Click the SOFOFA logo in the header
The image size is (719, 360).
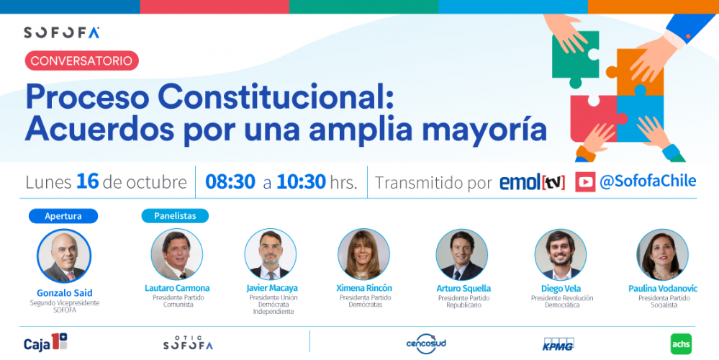[62, 32]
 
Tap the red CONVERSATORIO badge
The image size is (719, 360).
[81, 60]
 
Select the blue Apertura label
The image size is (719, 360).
[63, 216]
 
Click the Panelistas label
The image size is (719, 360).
[175, 216]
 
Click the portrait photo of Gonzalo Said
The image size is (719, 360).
[64, 256]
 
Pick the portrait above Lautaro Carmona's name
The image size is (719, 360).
[177, 255]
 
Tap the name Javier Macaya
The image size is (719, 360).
[272, 288]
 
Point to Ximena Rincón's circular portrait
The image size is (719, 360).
[363, 255]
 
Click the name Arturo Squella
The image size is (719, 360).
[463, 289]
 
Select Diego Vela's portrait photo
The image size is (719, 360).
[561, 255]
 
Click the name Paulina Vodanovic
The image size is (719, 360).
[663, 289]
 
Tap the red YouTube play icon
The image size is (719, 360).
[585, 182]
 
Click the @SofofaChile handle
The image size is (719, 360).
[648, 181]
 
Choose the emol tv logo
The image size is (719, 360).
[532, 183]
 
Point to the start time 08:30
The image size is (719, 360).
[230, 182]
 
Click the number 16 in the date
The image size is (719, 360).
[88, 181]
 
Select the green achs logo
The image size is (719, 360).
[681, 344]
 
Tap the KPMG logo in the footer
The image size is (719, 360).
[559, 344]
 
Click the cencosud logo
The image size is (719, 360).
[426, 344]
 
